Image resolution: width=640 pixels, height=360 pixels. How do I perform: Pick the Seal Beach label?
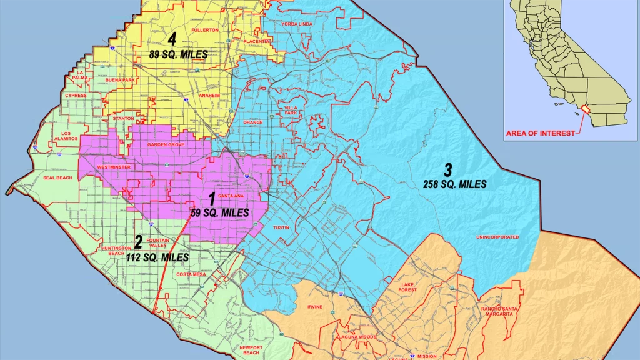pyautogui.click(x=58, y=178)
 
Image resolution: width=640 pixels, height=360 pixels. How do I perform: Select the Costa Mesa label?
pyautogui.click(x=191, y=274)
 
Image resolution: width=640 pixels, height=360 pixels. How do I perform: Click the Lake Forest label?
pyautogui.click(x=407, y=287)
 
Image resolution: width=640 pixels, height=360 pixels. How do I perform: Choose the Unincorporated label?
pyautogui.click(x=497, y=237)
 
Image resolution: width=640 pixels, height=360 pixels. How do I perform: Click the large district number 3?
pyautogui.click(x=447, y=169)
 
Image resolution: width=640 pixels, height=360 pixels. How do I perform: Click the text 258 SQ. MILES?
pyautogui.click(x=454, y=184)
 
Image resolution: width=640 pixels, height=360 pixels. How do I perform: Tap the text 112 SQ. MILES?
pyautogui.click(x=157, y=257)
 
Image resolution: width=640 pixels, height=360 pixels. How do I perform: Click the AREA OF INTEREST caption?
pyautogui.click(x=539, y=134)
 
